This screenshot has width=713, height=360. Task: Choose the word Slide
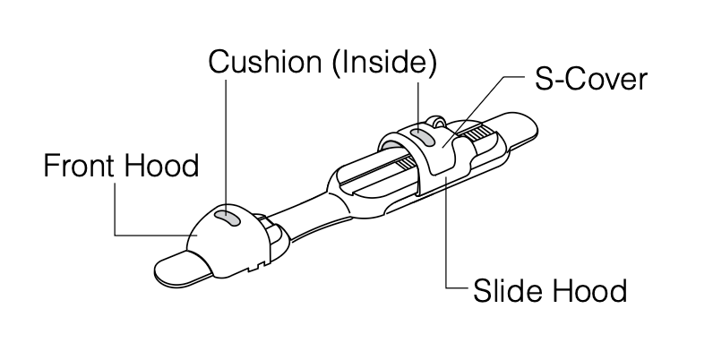pyautogui.click(x=507, y=291)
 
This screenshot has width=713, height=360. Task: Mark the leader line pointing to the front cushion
pyautogui.click(x=227, y=143)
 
